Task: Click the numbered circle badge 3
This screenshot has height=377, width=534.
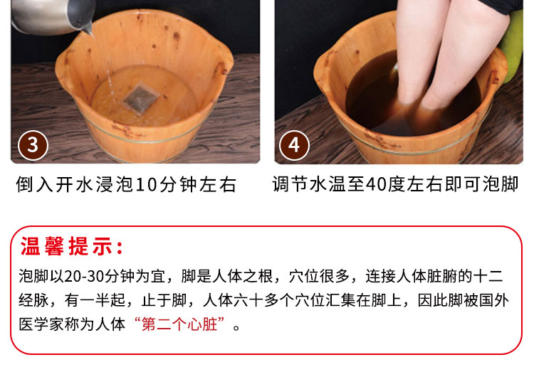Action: coord(33,145)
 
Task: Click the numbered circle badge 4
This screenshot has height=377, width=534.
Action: coord(294,145)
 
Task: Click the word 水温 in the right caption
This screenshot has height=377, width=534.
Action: coord(328,184)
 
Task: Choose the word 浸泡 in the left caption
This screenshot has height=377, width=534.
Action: coord(116,184)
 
